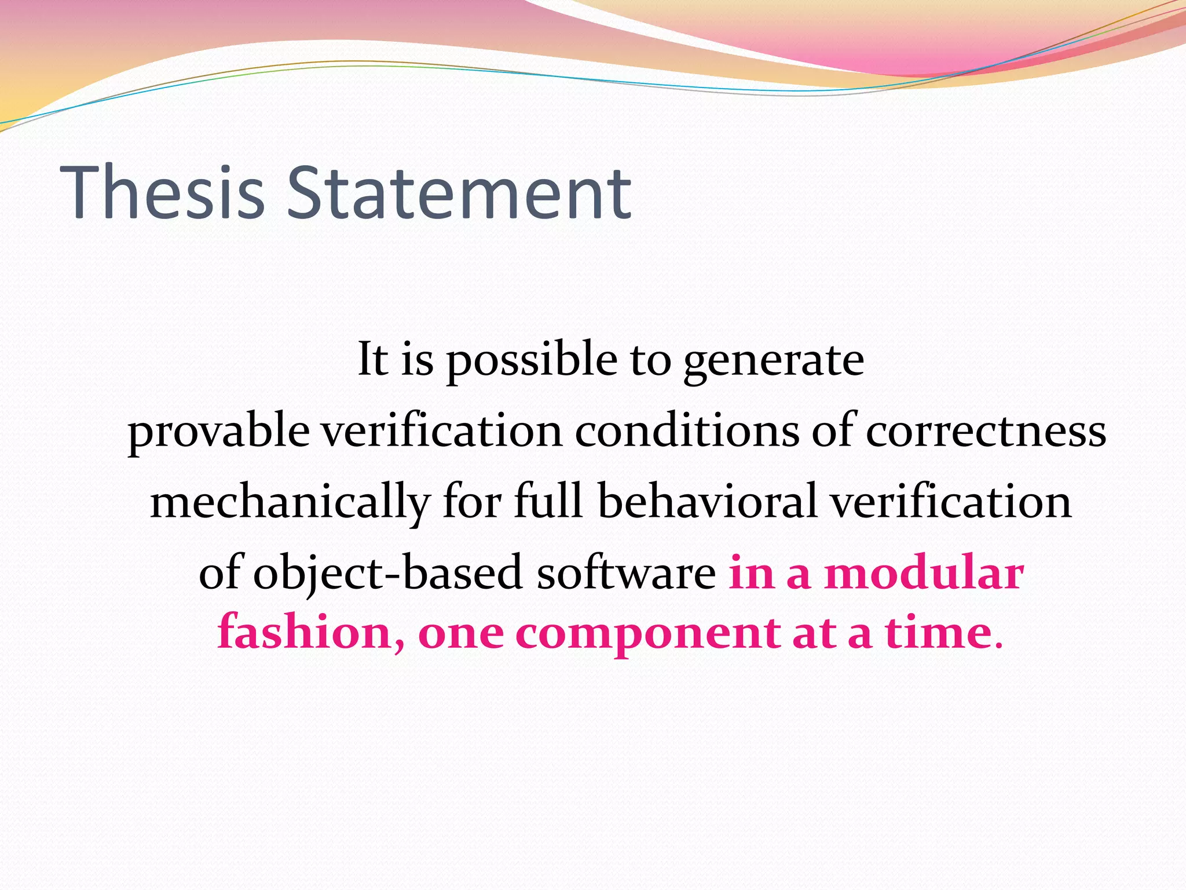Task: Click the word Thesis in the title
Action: click(162, 192)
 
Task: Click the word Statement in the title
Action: click(459, 192)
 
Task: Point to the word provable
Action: click(218, 432)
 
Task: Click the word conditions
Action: click(686, 431)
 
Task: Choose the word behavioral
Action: click(707, 502)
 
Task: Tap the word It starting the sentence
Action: click(372, 359)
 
